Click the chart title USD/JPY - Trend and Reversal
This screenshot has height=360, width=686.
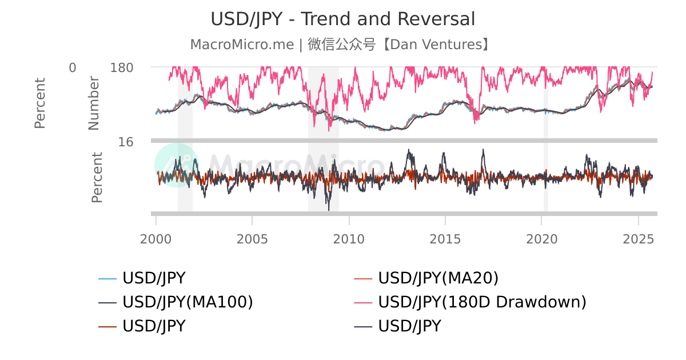point(343,19)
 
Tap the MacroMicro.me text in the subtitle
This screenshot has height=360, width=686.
point(242,45)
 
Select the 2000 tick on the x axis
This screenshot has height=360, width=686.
point(156,238)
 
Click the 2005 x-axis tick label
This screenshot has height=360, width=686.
point(252,238)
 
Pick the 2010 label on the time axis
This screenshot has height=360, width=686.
point(349,238)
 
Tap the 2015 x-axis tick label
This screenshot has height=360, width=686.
point(445,238)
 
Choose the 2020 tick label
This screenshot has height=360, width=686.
point(542,238)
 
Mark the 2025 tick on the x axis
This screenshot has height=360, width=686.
point(638,238)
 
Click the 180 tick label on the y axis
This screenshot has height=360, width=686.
point(122,68)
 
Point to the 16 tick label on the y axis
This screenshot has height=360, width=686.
point(126,142)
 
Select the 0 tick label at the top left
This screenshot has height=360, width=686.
point(73,68)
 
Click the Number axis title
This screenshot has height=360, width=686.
point(94,103)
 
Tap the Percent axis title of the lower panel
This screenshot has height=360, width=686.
point(97,177)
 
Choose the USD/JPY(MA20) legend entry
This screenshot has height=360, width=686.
point(438,278)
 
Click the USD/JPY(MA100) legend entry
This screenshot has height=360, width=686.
point(188,302)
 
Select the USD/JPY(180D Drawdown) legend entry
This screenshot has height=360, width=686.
point(482,302)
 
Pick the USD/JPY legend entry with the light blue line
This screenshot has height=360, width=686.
point(154,278)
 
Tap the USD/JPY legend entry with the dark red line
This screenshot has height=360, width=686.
point(154,326)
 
